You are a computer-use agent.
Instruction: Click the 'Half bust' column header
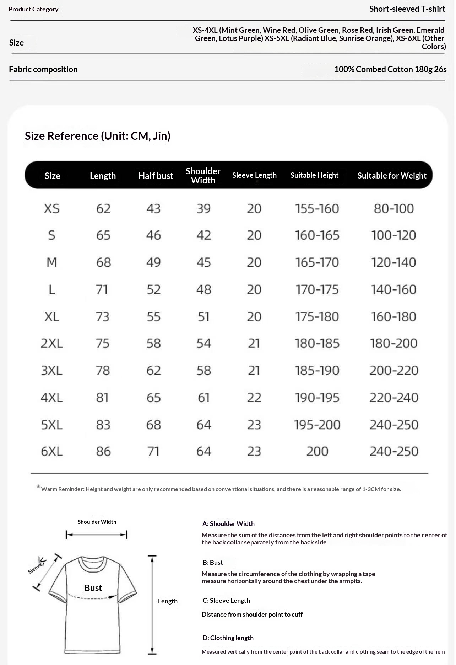156,176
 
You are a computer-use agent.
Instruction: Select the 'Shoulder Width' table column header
203,176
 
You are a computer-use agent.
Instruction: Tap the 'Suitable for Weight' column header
392,176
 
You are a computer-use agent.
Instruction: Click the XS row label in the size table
52,209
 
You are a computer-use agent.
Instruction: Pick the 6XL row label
52,452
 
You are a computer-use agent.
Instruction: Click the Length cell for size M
103,263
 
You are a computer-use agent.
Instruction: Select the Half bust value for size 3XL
154,371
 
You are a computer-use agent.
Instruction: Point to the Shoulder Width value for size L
204,290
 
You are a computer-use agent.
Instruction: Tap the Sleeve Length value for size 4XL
254,398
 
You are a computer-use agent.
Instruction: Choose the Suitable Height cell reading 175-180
317,317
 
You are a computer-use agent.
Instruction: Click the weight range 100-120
393,235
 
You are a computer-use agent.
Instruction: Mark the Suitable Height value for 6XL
317,452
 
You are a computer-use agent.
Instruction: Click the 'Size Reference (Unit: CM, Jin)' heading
98,136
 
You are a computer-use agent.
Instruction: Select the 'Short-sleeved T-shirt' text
407,9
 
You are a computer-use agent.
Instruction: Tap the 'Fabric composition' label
43,69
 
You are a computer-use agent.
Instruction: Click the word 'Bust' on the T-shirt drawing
93,588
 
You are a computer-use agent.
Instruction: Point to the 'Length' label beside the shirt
168,601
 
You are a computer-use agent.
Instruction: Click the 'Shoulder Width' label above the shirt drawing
97,522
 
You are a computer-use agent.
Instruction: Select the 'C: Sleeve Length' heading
226,601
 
